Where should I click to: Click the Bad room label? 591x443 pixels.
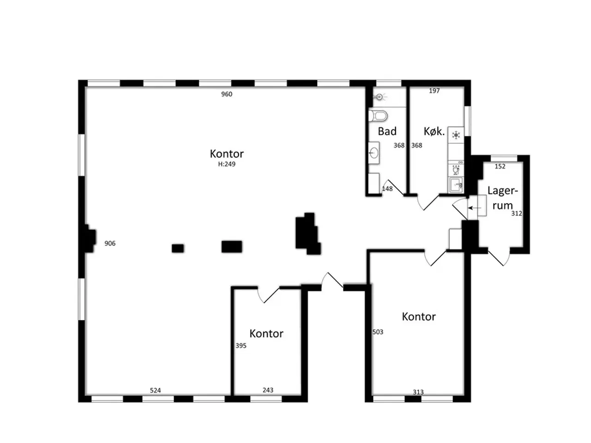click(387, 131)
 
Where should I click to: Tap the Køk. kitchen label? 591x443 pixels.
click(434, 131)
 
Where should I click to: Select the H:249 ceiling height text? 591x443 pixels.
click(226, 164)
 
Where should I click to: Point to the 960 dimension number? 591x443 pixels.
click(226, 94)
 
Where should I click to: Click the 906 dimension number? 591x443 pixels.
click(110, 244)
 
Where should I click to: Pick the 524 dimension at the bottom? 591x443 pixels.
click(155, 390)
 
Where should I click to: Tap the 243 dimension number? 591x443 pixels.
click(268, 390)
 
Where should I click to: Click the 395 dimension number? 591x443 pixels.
click(241, 346)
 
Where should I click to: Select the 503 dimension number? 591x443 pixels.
click(378, 332)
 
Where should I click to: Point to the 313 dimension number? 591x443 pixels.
click(418, 392)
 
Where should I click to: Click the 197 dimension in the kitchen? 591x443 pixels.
click(434, 91)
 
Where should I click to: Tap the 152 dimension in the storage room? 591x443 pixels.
click(500, 167)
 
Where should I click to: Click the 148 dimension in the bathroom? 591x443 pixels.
click(387, 189)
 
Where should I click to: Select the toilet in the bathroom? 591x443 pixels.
click(378, 116)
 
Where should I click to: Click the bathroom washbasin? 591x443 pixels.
click(374, 153)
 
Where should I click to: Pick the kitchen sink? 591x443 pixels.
click(456, 185)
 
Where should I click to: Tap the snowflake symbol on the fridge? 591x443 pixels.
click(456, 135)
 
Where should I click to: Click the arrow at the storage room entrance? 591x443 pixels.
click(474, 208)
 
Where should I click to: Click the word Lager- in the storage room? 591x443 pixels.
click(502, 191)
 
